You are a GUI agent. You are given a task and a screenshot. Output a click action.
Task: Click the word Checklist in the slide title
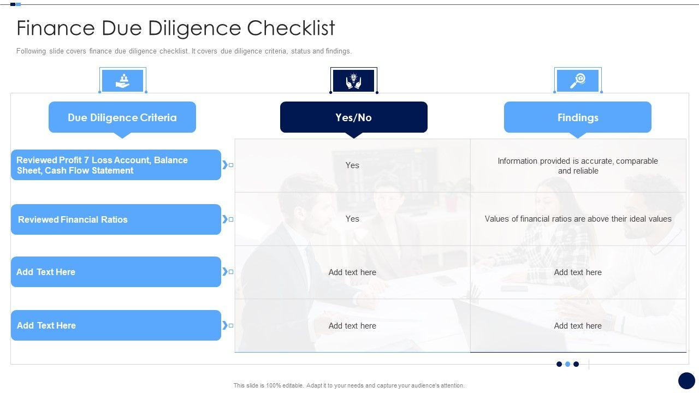pyautogui.click(x=291, y=28)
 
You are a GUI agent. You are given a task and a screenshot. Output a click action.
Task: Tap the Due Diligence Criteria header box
pyautogui.click(x=122, y=117)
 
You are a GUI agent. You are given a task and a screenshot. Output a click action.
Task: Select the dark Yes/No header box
pyautogui.click(x=353, y=117)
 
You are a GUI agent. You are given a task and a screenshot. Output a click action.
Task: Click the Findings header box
pyautogui.click(x=578, y=117)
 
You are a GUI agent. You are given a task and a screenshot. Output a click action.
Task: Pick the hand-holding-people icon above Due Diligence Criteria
pyautogui.click(x=123, y=81)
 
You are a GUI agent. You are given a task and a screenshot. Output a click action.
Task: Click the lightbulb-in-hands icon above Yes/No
pyautogui.click(x=353, y=81)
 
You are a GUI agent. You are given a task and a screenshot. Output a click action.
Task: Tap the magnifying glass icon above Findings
pyautogui.click(x=578, y=81)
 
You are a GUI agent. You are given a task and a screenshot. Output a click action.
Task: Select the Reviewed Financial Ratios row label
pyautogui.click(x=116, y=219)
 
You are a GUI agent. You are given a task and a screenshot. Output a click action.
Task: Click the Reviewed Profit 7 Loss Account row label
pyautogui.click(x=116, y=165)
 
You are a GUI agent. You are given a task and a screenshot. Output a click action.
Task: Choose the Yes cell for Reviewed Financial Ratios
pyautogui.click(x=352, y=219)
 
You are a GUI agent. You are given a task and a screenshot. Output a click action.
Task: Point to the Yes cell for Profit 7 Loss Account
pyautogui.click(x=352, y=165)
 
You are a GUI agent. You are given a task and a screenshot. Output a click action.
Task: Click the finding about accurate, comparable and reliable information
pyautogui.click(x=578, y=165)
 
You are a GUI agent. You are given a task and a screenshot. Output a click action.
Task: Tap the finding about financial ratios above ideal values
pyautogui.click(x=578, y=219)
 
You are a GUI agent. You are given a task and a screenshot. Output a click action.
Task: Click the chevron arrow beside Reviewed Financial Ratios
pyautogui.click(x=225, y=219)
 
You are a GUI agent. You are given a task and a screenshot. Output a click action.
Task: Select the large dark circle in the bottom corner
pyautogui.click(x=686, y=381)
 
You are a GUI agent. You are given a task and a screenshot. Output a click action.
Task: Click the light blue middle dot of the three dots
pyautogui.click(x=567, y=364)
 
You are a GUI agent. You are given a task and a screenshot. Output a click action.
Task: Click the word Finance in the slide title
pyautogui.click(x=56, y=28)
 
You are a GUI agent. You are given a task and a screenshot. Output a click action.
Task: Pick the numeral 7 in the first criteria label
pyautogui.click(x=86, y=160)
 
